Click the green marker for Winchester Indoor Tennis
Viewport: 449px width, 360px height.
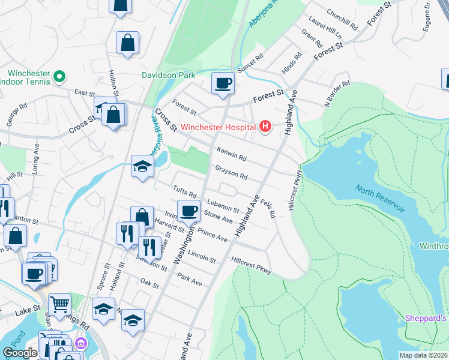coord(59,77)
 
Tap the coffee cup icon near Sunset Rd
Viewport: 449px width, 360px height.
coord(223,83)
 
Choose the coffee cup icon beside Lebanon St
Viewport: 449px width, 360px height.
coord(188,211)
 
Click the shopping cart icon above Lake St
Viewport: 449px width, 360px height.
coord(59,304)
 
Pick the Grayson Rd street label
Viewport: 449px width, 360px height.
coord(231,173)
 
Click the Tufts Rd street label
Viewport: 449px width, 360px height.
coord(185,191)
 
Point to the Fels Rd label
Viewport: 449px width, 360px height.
coord(268,207)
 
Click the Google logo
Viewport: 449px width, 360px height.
coord(20,353)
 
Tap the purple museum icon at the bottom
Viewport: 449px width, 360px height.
coord(79,344)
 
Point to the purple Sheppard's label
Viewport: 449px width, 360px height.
coord(426,318)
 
